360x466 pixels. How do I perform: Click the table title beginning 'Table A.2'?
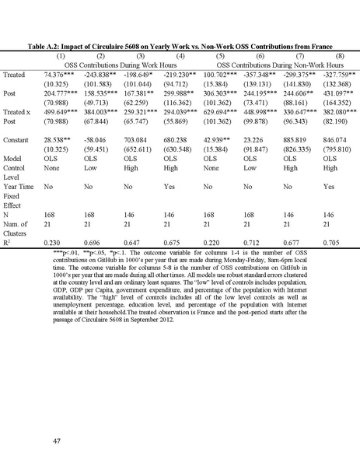180,46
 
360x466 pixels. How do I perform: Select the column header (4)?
180,56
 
